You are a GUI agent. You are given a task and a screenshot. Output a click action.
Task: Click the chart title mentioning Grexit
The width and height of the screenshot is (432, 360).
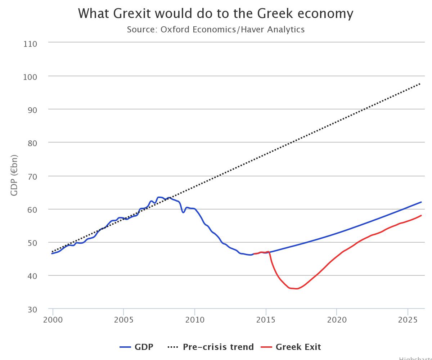pyautogui.click(x=216, y=14)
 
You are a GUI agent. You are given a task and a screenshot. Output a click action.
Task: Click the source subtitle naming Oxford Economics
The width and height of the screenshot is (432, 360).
pyautogui.click(x=216, y=30)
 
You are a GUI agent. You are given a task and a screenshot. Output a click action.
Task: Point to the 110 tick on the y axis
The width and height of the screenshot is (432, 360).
pyautogui.click(x=30, y=44)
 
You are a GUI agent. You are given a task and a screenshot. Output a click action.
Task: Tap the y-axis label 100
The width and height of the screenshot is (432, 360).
pyautogui.click(x=30, y=77)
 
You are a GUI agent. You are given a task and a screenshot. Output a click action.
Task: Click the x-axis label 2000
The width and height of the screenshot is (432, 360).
pyautogui.click(x=53, y=320)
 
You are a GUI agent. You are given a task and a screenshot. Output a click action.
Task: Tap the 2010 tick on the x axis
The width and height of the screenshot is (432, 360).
pyautogui.click(x=195, y=320)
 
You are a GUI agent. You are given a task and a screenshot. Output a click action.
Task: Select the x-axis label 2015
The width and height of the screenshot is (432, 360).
pyautogui.click(x=266, y=320)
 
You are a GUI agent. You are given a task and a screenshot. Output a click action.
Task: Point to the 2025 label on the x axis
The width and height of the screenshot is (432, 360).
pyautogui.click(x=408, y=320)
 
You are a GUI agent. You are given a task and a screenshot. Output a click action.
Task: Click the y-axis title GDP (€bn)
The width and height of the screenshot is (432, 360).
pyautogui.click(x=14, y=175)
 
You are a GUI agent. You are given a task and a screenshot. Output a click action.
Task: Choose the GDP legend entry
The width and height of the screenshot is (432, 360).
pyautogui.click(x=137, y=347)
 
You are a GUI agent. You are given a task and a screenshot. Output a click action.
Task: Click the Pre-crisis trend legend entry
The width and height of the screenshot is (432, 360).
pyautogui.click(x=211, y=347)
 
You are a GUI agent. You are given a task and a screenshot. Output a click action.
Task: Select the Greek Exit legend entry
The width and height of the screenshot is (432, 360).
pyautogui.click(x=291, y=347)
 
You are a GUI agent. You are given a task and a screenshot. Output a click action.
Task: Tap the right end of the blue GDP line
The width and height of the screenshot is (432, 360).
pyautogui.click(x=421, y=202)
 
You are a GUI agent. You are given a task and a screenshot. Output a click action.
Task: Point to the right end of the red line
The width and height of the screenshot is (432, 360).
pyautogui.click(x=421, y=216)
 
